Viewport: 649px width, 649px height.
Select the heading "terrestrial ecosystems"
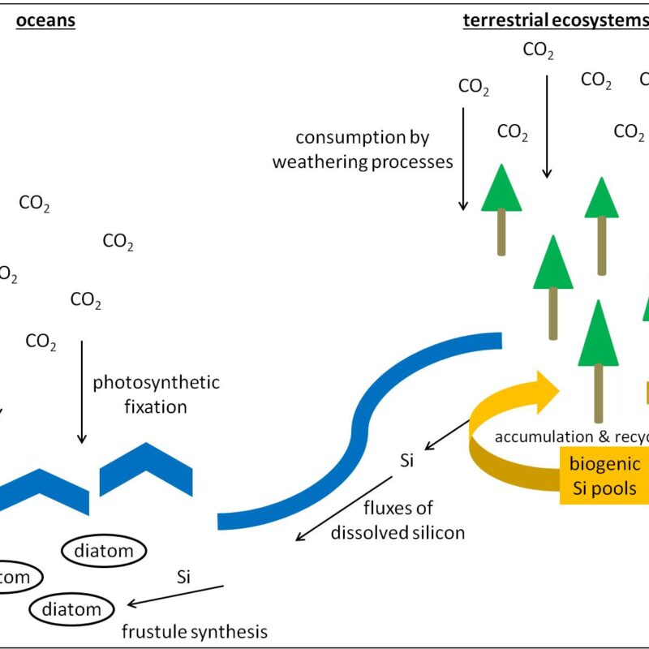tap(552, 20)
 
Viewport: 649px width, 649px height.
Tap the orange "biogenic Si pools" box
tap(604, 477)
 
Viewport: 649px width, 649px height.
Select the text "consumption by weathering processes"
tap(362, 150)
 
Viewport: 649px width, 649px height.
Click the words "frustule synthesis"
tap(194, 631)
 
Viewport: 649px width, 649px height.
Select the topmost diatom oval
tap(104, 552)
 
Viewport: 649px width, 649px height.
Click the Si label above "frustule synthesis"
tap(183, 578)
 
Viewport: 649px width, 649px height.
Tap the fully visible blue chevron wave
tap(146, 470)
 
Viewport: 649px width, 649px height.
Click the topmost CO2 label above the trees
tap(538, 50)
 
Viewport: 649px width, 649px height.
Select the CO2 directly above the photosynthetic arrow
tap(41, 341)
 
